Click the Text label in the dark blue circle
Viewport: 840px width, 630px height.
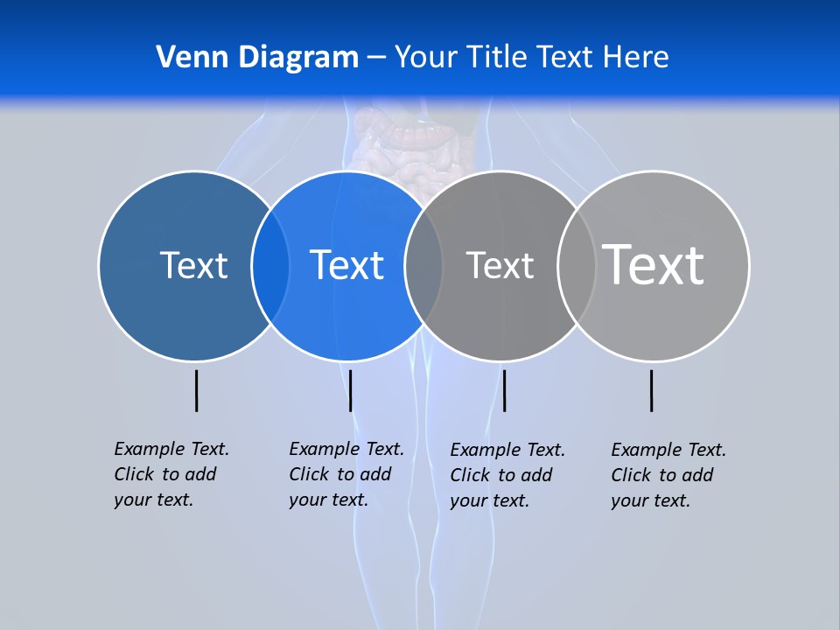coord(193,265)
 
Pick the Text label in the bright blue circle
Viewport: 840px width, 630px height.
coord(346,265)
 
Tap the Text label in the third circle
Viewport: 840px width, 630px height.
coord(500,265)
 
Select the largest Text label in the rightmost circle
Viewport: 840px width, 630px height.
coord(653,264)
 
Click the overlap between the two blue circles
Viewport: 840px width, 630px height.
coord(270,265)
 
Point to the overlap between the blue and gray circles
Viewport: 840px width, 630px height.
coord(423,265)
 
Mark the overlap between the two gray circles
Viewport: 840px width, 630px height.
coord(577,265)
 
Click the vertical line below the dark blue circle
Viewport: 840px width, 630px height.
coord(196,390)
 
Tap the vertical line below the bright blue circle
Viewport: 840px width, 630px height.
coord(350,390)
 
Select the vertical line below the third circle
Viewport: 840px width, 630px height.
coord(504,390)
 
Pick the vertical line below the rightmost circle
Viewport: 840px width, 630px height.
coord(651,390)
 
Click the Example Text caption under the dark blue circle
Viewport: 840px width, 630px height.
coord(171,474)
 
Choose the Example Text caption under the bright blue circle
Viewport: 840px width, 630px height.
coord(346,474)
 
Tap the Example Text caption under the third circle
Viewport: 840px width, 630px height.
coord(507,475)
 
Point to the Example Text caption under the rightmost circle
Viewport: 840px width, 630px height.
coord(668,475)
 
